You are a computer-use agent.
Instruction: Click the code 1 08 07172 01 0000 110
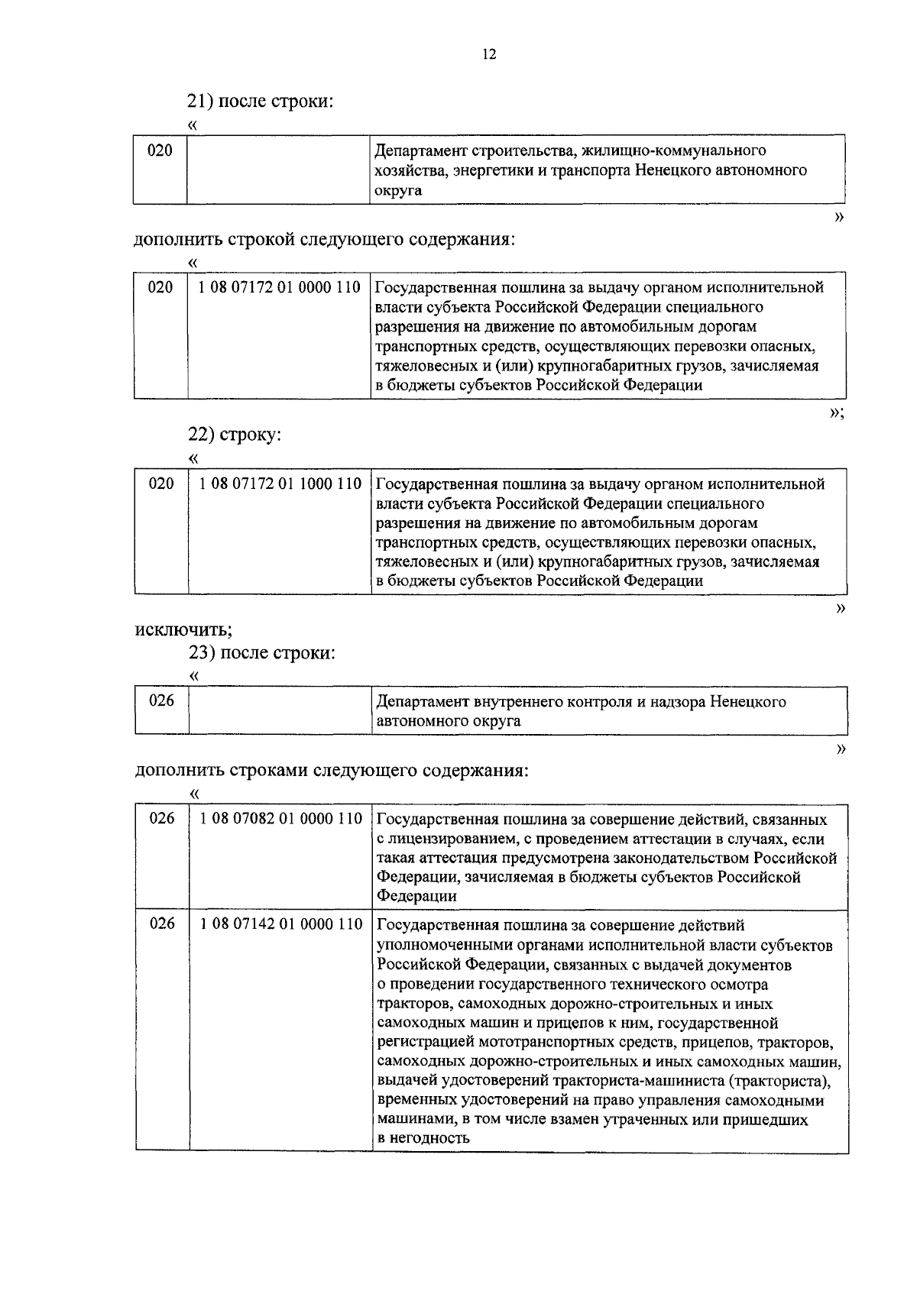point(279,288)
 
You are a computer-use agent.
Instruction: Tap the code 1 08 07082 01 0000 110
point(280,820)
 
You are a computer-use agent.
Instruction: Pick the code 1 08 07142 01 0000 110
point(280,924)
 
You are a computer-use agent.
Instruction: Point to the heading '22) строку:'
point(235,435)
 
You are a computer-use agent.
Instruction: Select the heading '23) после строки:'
point(262,654)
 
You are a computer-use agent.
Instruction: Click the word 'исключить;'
point(184,630)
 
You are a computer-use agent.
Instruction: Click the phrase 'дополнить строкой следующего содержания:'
point(325,239)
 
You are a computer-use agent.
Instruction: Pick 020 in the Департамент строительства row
point(160,150)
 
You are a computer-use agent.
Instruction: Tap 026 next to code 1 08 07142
point(161,924)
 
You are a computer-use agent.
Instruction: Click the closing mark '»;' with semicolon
point(837,412)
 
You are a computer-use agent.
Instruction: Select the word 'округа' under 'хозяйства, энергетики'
point(397,190)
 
